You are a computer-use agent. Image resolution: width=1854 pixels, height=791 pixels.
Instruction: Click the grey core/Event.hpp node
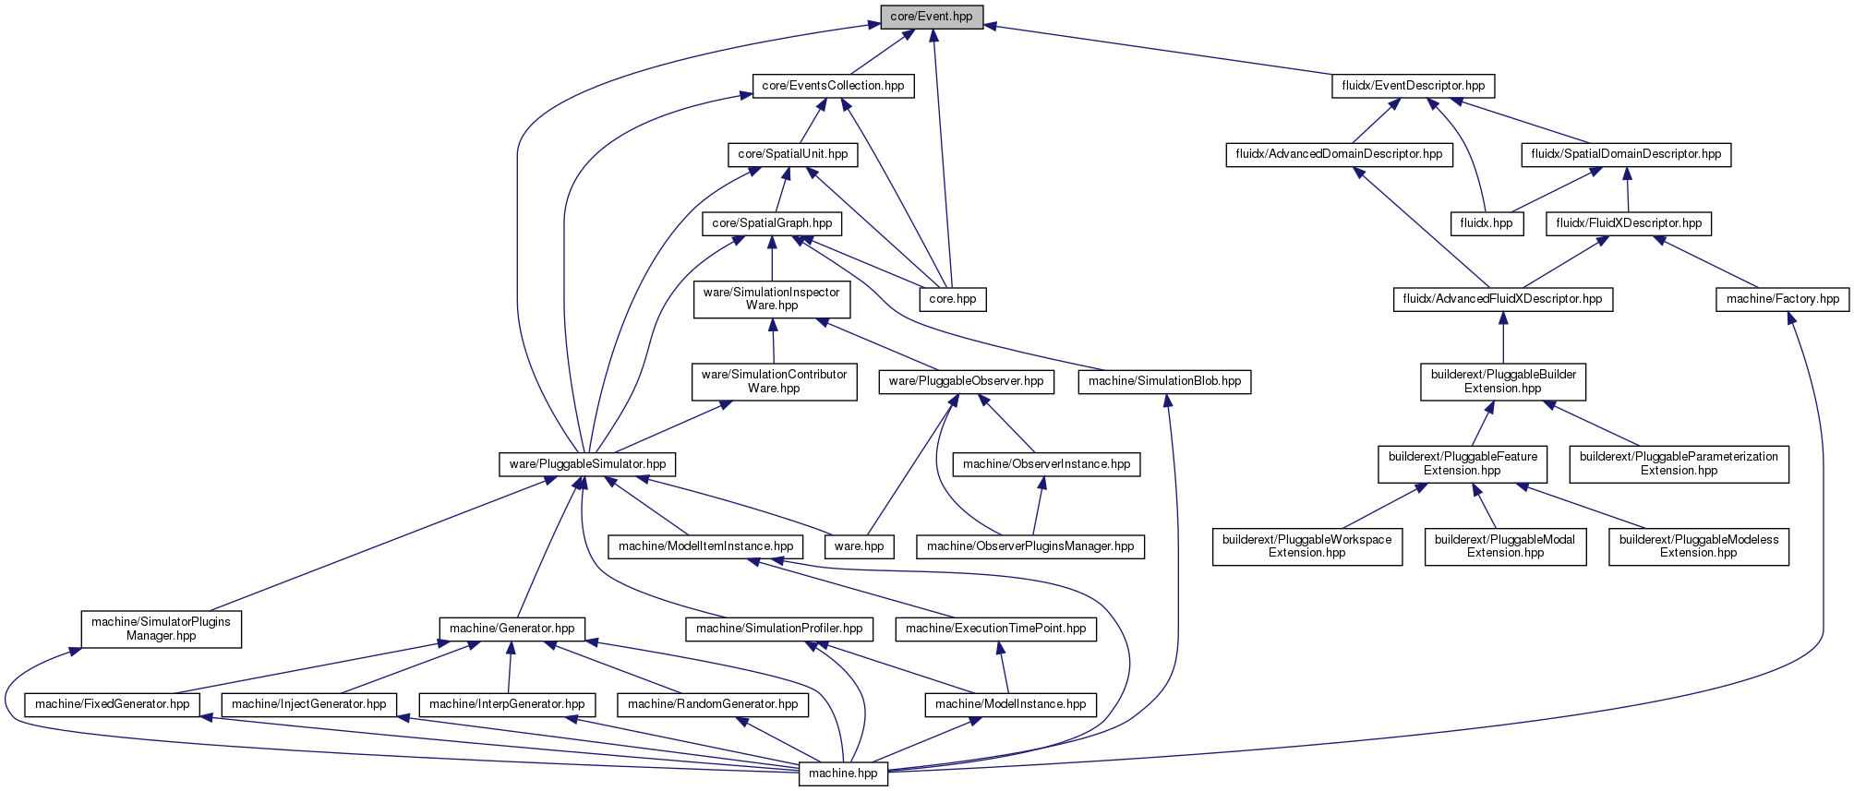point(932,17)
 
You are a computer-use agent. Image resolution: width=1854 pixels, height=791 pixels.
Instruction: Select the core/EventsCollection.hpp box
point(833,86)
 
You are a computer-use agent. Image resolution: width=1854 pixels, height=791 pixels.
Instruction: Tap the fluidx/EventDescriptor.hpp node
point(1413,86)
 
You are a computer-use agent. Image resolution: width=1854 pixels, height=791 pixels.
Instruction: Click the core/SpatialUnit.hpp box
point(792,154)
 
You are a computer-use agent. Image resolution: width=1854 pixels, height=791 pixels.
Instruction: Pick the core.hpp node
point(953,299)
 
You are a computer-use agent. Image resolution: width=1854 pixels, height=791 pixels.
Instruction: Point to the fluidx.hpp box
point(1487,223)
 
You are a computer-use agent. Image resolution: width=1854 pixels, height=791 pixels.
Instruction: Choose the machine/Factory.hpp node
point(1783,299)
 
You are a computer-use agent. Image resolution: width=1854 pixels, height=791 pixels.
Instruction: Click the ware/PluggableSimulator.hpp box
point(587,463)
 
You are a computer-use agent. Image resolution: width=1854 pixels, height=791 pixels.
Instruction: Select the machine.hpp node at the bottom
point(843,773)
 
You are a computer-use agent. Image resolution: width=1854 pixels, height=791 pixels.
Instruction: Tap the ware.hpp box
point(859,546)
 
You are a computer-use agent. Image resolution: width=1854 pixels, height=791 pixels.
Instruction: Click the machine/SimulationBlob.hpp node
point(1165,381)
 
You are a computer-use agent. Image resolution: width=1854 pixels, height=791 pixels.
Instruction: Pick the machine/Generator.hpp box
point(512,629)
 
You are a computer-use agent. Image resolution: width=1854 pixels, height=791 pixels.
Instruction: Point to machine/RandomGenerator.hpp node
point(713,704)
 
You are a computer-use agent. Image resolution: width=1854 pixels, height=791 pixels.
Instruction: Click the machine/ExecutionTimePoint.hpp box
point(996,629)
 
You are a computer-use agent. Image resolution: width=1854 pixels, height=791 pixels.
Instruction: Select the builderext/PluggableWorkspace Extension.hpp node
point(1307,546)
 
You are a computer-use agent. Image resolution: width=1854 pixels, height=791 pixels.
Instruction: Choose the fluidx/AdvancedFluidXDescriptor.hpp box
point(1503,299)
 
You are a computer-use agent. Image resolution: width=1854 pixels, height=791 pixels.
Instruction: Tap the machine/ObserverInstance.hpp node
point(1047,464)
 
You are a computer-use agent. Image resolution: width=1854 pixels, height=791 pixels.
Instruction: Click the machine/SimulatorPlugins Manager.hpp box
point(161,629)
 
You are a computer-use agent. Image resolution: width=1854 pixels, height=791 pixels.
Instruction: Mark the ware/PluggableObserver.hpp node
point(966,381)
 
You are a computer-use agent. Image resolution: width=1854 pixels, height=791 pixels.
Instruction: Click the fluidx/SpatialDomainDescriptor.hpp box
point(1626,154)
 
